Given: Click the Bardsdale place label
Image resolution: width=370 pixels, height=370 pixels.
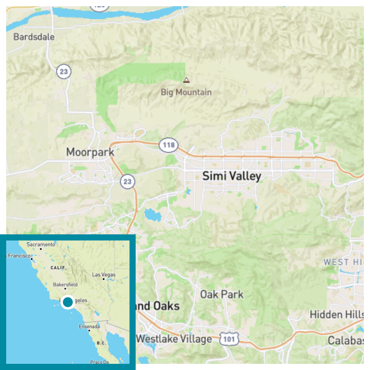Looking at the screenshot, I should (x=34, y=36).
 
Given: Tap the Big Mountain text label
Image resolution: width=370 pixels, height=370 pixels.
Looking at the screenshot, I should (x=186, y=92).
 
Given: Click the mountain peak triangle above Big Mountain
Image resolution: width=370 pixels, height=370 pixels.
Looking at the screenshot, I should (x=186, y=79).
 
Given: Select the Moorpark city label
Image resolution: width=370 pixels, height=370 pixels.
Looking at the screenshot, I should (x=90, y=152).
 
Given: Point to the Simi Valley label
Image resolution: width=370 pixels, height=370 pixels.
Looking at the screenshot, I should (x=232, y=176).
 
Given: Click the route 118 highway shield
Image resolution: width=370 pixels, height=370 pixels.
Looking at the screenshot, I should (x=168, y=145).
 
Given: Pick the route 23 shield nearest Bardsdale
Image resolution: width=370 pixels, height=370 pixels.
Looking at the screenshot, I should (x=64, y=72).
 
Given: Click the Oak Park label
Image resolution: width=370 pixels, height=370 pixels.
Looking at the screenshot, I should (x=222, y=294).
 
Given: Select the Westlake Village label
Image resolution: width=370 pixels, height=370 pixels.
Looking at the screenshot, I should (x=174, y=339).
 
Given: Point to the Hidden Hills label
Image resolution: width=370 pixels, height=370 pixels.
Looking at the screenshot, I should (x=336, y=314).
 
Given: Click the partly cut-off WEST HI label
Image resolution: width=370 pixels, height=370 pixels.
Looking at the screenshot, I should (x=343, y=262).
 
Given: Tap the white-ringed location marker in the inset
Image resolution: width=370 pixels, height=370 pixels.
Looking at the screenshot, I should (x=68, y=302).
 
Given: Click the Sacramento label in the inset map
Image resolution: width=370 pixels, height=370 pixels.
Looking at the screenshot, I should (x=41, y=245).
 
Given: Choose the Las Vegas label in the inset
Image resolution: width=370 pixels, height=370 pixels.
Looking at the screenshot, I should (x=104, y=275).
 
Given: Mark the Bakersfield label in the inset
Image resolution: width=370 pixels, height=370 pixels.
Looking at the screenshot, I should (x=65, y=285).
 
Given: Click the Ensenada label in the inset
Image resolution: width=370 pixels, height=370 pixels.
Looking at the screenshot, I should (x=89, y=327).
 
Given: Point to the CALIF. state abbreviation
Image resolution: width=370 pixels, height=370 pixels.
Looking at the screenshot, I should (x=59, y=268).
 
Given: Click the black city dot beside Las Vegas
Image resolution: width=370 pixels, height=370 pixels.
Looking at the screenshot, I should (x=104, y=279).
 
